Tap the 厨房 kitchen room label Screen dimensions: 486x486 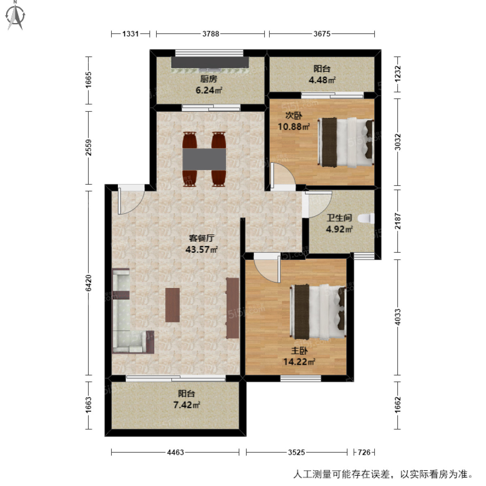(209, 79)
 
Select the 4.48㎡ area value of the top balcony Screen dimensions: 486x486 (322, 80)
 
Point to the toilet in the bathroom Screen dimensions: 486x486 (368, 219)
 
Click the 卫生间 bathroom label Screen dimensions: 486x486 (339, 218)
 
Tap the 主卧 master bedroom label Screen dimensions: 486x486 (299, 351)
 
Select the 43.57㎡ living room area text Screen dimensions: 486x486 (202, 249)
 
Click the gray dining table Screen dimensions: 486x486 (204, 159)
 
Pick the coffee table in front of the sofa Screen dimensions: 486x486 (173, 305)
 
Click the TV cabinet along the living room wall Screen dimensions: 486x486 (232, 308)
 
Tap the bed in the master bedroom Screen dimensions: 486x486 (318, 311)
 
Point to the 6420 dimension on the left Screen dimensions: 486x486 (89, 283)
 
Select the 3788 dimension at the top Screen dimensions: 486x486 (211, 34)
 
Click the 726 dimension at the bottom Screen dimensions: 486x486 (364, 452)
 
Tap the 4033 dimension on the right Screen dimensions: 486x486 (398, 317)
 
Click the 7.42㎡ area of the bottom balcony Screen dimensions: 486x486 (187, 405)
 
